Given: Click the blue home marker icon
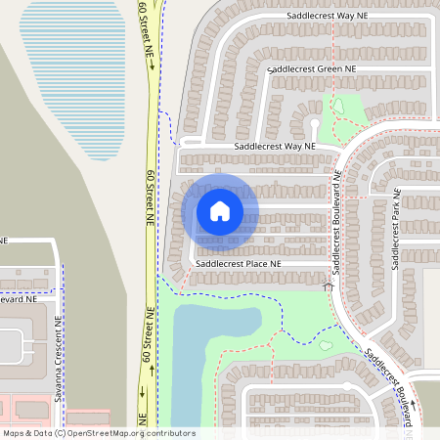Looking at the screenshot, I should click(x=220, y=210).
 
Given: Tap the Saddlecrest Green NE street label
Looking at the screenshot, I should click(x=303, y=70).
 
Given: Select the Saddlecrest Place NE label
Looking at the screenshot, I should click(x=238, y=264).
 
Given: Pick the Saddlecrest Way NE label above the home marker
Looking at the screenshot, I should click(x=274, y=146).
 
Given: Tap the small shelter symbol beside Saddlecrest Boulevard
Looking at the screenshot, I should click(x=328, y=285).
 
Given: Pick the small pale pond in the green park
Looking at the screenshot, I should click(x=338, y=107).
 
